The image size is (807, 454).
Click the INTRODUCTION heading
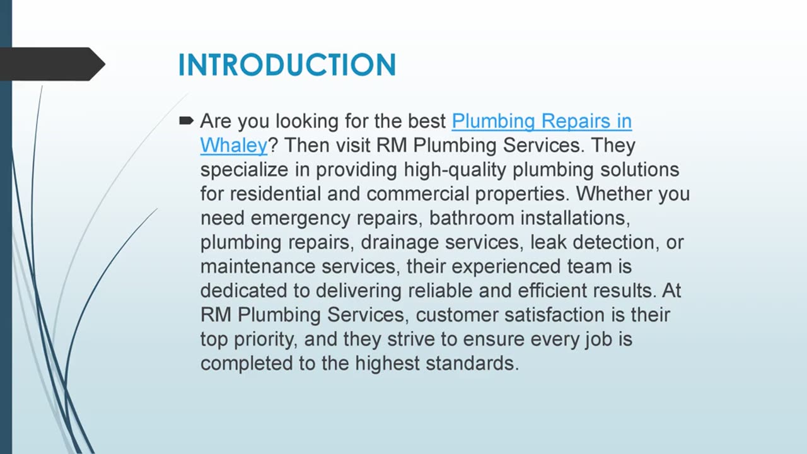(x=287, y=65)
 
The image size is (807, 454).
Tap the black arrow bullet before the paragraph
(x=186, y=120)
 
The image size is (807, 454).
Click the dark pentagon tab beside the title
(x=52, y=64)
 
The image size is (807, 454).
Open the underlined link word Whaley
(x=234, y=145)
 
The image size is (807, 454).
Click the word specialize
(x=244, y=170)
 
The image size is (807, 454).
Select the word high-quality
(x=455, y=170)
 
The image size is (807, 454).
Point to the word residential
(x=276, y=194)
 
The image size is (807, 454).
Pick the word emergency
(x=300, y=218)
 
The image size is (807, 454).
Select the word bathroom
(x=472, y=218)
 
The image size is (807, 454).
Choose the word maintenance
(x=258, y=267)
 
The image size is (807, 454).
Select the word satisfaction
(x=554, y=315)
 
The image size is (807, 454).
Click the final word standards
(x=472, y=363)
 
